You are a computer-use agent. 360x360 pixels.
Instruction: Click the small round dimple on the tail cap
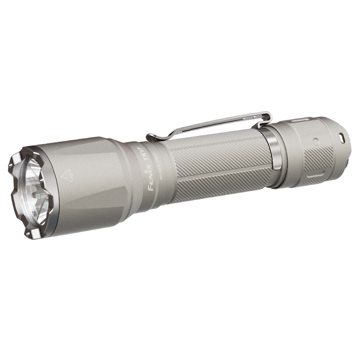click(315, 141)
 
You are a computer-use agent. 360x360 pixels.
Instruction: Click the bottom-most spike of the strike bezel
click(30, 236)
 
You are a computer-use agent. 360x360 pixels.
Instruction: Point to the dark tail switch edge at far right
click(348, 162)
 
